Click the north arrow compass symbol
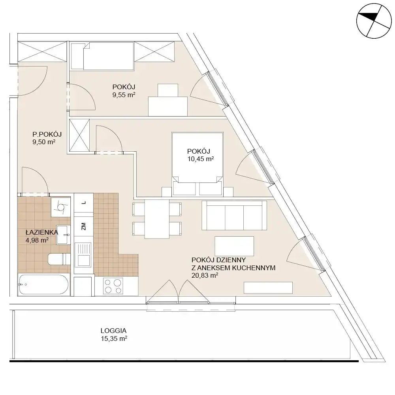[374, 21]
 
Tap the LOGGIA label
[113, 331]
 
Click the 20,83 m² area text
[205, 275]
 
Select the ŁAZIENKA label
[42, 232]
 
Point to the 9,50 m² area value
[44, 142]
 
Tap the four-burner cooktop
[113, 286]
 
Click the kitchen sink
[83, 254]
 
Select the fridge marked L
[84, 203]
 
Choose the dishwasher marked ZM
[84, 226]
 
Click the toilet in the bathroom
[59, 259]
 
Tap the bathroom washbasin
[63, 235]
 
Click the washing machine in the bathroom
[61, 207]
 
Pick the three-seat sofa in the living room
[234, 215]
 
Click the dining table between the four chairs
[157, 219]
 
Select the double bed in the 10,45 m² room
[197, 164]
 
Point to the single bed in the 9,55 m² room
[102, 56]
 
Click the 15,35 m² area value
[114, 339]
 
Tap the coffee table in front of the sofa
[234, 246]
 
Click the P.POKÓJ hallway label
[47, 134]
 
